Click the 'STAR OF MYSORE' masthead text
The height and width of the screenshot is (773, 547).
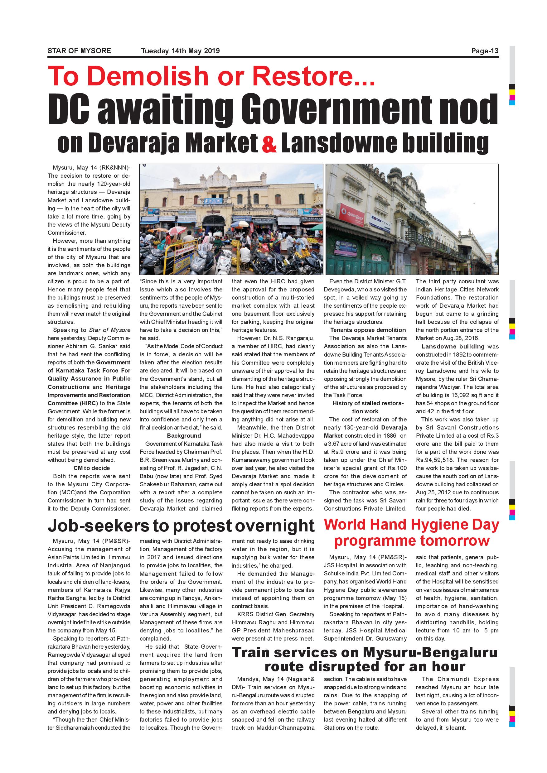click(x=79, y=51)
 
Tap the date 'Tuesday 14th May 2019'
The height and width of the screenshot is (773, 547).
click(x=180, y=51)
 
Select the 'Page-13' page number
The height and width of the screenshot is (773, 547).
click(x=485, y=51)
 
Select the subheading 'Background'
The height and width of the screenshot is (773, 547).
click(x=184, y=436)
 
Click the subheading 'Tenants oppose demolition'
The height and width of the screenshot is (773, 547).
click(x=368, y=330)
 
